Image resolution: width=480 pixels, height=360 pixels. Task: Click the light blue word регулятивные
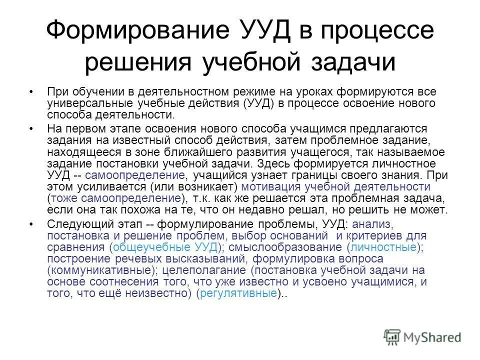tap(238, 293)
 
